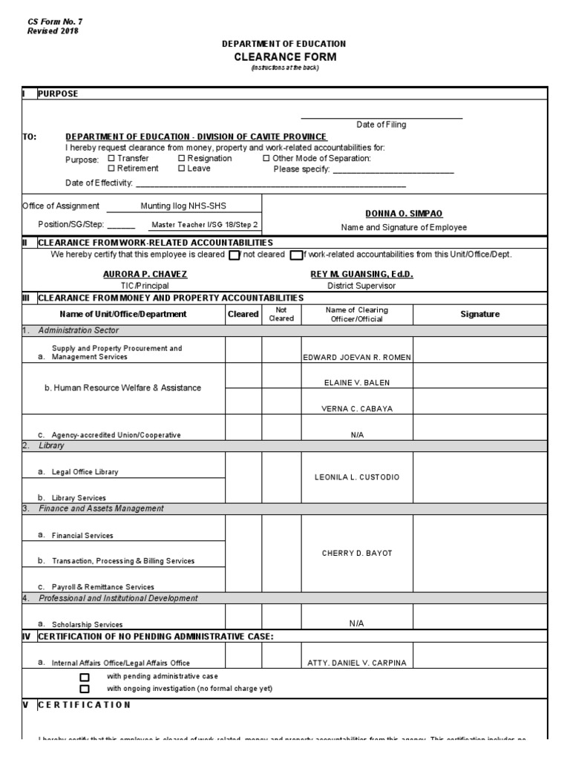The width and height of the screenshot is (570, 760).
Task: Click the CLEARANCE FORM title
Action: tap(285, 56)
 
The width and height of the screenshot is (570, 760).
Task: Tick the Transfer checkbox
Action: tap(111, 158)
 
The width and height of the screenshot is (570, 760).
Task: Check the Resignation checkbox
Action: tap(182, 158)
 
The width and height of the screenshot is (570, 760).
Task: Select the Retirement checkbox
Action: tap(111, 168)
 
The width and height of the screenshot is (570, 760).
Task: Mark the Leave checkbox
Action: tap(182, 168)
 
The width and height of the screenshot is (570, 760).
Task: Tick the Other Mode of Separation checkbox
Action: tap(266, 158)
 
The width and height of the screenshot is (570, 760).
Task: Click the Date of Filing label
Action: tap(381, 125)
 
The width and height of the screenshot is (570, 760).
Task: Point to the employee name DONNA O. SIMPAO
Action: tap(404, 213)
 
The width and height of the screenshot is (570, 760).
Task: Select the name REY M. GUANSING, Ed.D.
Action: tap(361, 274)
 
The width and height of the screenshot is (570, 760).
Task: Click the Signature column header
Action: tap(480, 314)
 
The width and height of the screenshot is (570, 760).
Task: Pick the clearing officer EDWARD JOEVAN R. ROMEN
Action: tap(357, 357)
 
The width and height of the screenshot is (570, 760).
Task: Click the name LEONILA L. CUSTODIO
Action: tap(357, 476)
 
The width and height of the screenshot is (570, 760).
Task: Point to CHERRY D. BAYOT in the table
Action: tap(357, 552)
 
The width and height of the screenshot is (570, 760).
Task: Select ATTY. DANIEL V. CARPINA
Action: tap(357, 663)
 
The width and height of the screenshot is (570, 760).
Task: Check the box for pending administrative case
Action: tap(85, 677)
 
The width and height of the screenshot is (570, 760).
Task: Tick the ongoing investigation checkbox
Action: tap(85, 689)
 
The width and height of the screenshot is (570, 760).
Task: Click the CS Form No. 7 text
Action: tap(55, 22)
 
